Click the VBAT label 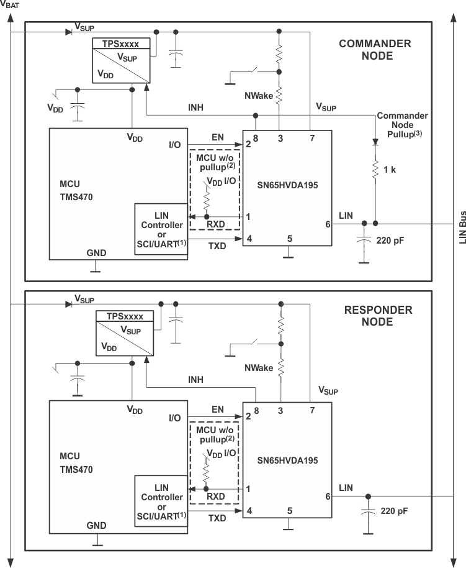(10, 4)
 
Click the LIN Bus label (462, 227)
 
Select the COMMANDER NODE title (375, 50)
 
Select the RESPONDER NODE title (378, 316)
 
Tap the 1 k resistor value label (390, 170)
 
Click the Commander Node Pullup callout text (402, 125)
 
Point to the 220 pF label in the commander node (390, 240)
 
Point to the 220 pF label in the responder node (394, 511)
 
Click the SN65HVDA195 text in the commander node (288, 185)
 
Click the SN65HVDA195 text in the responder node (288, 460)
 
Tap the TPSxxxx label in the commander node (120, 44)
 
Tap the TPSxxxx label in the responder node (125, 316)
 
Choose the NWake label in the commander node (259, 96)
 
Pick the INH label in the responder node (195, 380)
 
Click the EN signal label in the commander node (218, 137)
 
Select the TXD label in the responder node (217, 518)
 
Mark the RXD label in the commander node (216, 224)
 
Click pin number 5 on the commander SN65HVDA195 (290, 239)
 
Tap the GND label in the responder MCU (96, 526)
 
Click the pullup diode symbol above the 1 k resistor (375, 142)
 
